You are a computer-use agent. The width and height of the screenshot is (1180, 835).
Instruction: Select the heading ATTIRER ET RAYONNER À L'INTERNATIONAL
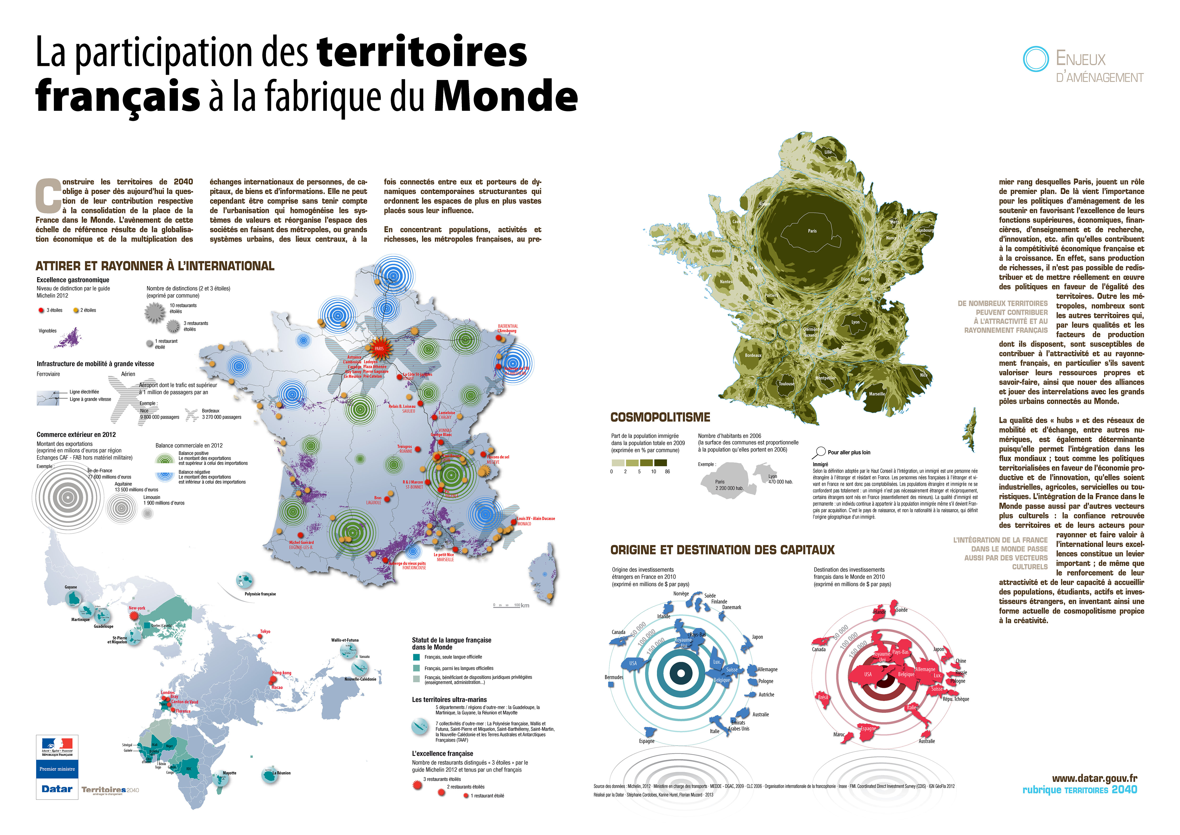[x=155, y=266]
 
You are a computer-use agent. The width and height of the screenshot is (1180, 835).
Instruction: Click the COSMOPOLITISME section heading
[x=660, y=417]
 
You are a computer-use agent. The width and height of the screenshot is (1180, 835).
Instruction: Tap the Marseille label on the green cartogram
[x=877, y=394]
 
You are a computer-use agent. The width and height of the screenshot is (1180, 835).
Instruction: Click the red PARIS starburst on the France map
[x=379, y=348]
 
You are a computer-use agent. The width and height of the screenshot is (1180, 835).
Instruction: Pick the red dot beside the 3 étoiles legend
[x=41, y=310]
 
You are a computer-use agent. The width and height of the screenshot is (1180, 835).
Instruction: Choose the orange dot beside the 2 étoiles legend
[x=76, y=310]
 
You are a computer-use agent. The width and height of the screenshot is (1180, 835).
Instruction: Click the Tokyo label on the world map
[x=265, y=631]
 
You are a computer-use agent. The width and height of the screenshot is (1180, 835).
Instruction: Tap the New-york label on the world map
[x=137, y=608]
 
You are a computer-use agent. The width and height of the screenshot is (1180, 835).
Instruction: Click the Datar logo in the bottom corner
[x=57, y=789]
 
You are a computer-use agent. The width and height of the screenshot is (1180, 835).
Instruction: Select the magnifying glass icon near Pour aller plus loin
[x=818, y=452]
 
